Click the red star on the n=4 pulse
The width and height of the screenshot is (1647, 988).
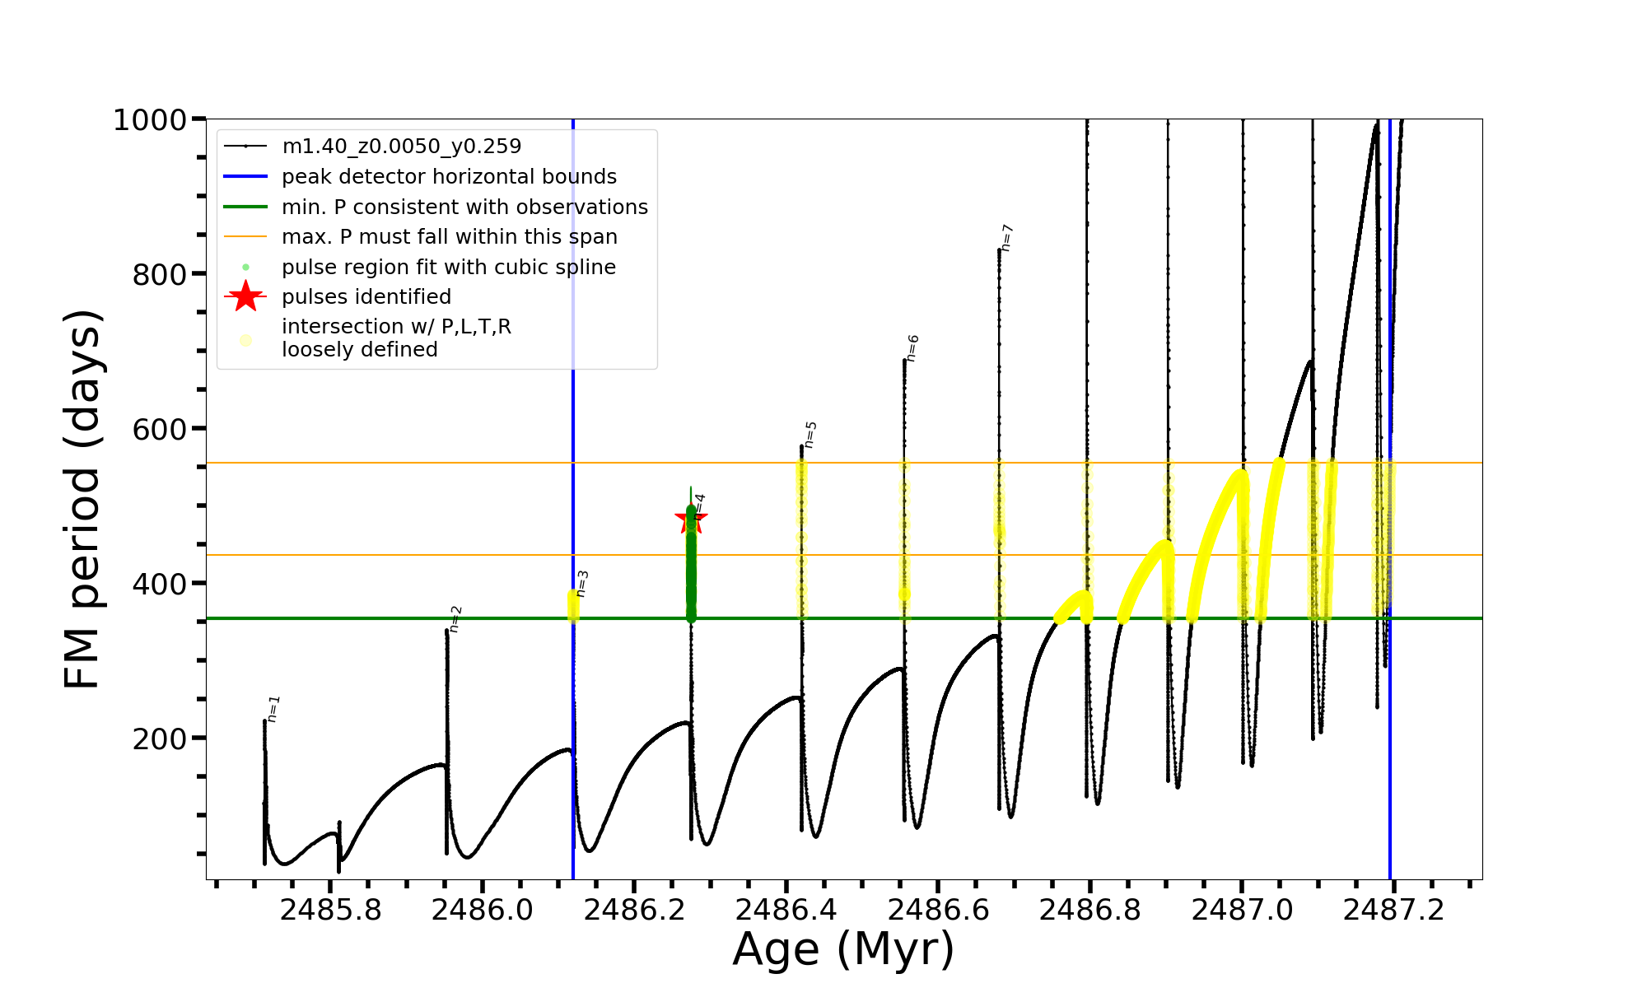click(x=691, y=520)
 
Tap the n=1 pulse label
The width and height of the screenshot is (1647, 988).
click(x=274, y=709)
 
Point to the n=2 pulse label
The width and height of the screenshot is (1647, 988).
click(x=456, y=619)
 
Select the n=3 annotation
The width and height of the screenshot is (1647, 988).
click(x=582, y=584)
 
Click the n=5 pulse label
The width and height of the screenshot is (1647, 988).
click(x=810, y=435)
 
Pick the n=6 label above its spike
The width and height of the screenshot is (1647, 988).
click(x=912, y=348)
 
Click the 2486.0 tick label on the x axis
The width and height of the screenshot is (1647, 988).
click(x=483, y=910)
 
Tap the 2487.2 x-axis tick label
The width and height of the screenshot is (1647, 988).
click(x=1393, y=910)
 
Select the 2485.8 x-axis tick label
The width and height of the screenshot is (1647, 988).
click(x=330, y=910)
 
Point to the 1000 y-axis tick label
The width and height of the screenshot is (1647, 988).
click(x=150, y=120)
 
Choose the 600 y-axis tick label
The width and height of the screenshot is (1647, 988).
click(x=160, y=430)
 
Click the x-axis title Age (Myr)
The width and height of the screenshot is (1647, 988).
click(x=843, y=949)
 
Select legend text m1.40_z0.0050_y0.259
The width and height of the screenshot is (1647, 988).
click(x=401, y=147)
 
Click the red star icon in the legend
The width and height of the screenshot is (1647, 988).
click(x=245, y=296)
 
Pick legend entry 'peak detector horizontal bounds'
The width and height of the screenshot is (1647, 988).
click(x=449, y=177)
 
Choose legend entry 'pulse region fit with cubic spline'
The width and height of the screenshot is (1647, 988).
click(x=448, y=268)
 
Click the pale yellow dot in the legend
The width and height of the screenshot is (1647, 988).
click(x=245, y=340)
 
